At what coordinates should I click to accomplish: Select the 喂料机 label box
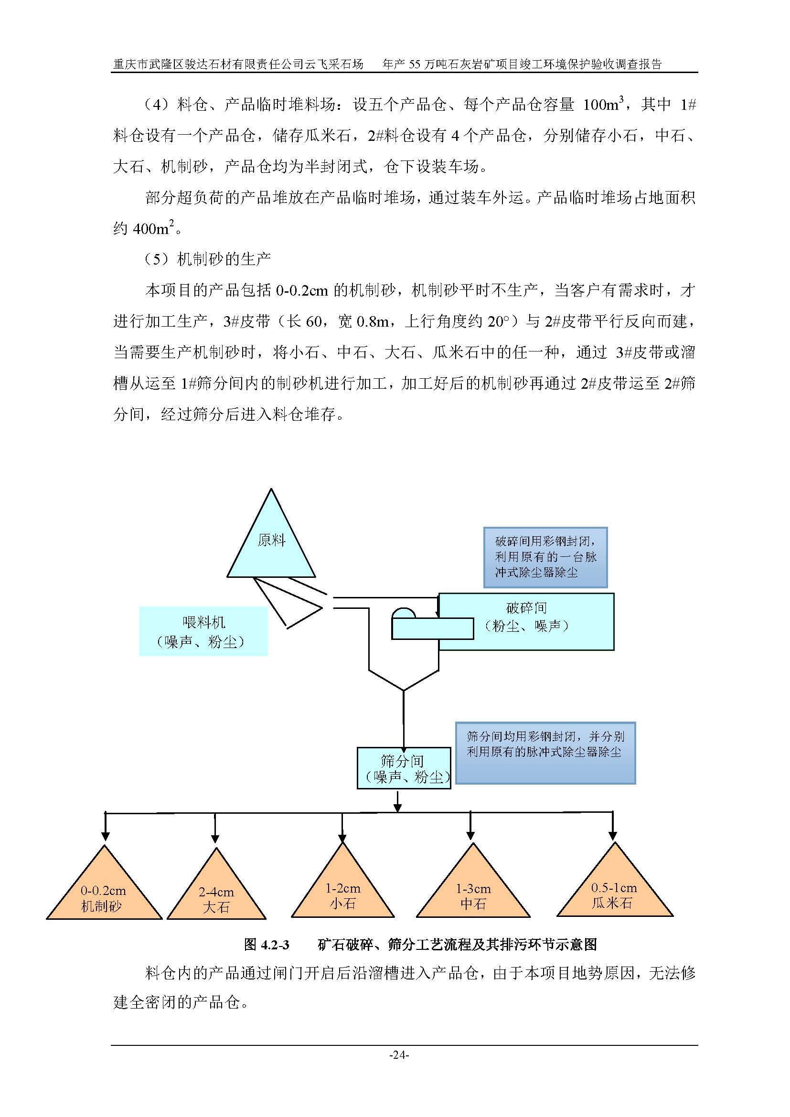(203, 631)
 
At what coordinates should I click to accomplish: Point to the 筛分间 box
(404, 768)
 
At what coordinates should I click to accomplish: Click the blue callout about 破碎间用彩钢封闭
(545, 557)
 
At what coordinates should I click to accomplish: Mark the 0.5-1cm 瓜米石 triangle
(614, 893)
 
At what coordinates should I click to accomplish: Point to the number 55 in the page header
(415, 64)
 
